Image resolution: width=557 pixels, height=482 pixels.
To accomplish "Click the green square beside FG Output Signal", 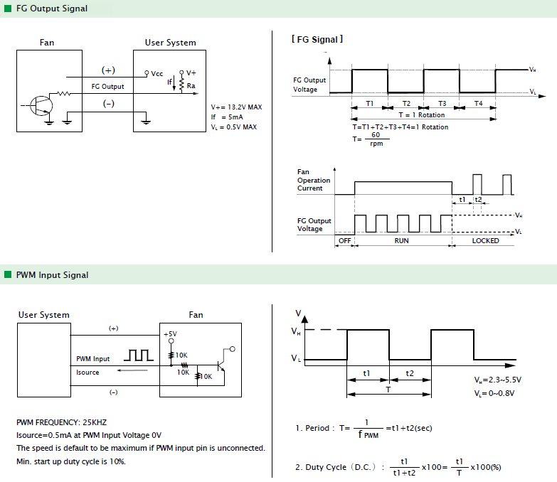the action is coord(8,8).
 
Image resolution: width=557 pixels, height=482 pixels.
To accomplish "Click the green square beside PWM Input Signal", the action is coord(8,274).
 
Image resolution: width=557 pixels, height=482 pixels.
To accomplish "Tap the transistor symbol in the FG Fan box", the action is coord(41,106).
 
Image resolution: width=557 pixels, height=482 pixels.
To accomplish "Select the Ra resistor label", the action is coord(191,85).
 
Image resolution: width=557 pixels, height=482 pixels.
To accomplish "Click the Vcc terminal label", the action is coord(157,74).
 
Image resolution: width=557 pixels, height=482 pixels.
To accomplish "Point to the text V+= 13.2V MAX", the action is coord(236,107).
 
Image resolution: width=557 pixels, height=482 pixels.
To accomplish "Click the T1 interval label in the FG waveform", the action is coord(370,103).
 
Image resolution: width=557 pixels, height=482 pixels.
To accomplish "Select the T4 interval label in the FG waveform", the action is coord(479,103).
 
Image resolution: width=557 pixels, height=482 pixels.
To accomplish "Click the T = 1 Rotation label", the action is coord(422,115).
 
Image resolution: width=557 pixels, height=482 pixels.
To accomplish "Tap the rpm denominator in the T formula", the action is coord(376,144).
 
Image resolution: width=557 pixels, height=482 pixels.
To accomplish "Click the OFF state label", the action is coord(344,241).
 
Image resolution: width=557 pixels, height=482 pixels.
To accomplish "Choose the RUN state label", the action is coord(401,241).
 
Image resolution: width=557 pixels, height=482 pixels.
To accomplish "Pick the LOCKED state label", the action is coord(485,241).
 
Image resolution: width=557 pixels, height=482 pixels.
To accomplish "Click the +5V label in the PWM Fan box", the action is coord(170,334).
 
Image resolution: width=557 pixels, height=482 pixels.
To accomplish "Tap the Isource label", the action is coord(87,373).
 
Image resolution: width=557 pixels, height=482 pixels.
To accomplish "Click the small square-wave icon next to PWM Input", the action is coord(139,355).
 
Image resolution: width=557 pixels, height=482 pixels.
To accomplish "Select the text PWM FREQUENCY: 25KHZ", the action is coord(61,422).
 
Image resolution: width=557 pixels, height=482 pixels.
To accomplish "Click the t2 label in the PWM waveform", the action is coord(410,373).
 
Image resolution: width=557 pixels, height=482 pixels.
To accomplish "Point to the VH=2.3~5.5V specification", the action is coord(498,380).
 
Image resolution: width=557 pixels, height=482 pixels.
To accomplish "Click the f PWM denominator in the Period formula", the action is coord(368,434).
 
